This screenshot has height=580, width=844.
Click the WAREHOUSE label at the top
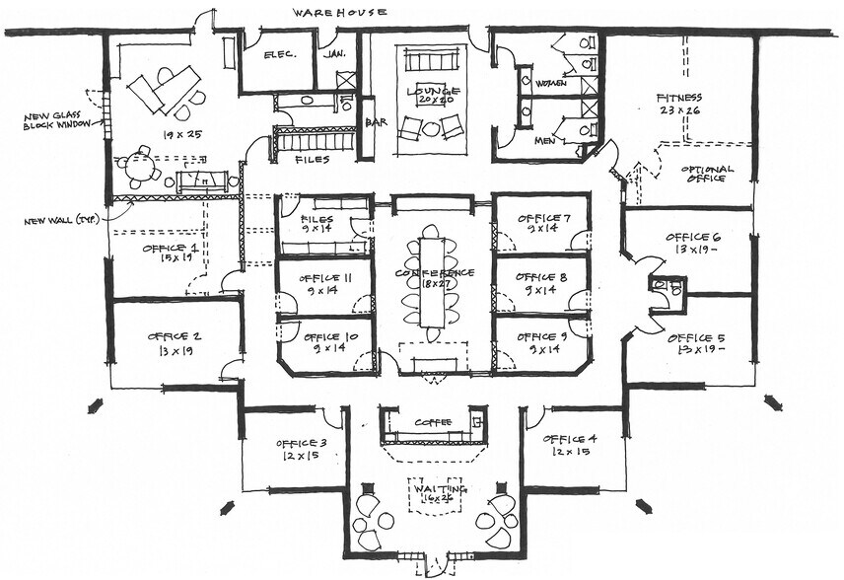click(338, 13)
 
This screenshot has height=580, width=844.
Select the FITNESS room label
click(679, 98)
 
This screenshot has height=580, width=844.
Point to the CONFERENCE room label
click(435, 272)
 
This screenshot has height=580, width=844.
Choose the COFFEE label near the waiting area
click(433, 422)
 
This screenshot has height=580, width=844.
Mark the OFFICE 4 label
click(570, 438)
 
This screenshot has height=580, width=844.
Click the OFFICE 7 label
click(542, 217)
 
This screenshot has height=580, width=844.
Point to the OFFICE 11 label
click(324, 279)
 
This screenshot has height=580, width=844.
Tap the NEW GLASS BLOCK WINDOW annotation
click(59, 119)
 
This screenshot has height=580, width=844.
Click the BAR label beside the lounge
click(375, 123)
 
